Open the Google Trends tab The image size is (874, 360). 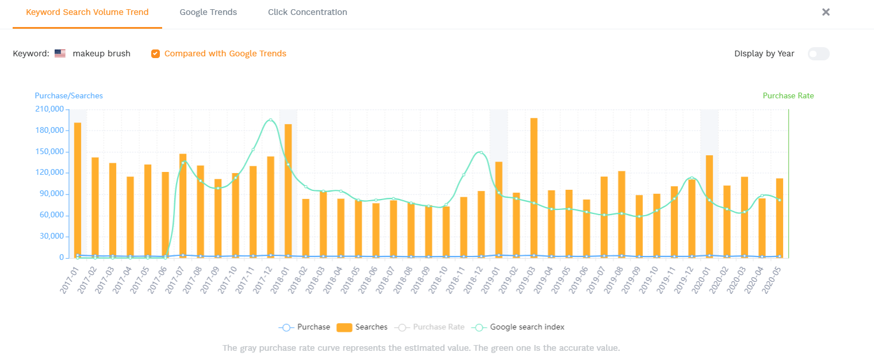pos(208,12)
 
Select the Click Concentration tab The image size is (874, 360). pos(307,12)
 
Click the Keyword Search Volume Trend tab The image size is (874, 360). pos(87,12)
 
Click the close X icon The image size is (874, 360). pos(826,12)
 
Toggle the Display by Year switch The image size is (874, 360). pos(818,54)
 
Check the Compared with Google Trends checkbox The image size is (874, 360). pos(155,54)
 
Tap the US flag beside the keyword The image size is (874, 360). pos(60,53)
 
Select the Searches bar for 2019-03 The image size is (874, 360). pos(534,187)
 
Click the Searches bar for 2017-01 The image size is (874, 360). pos(78,190)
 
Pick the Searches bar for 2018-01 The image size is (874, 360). pos(288,190)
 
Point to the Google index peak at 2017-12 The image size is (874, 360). pos(270,120)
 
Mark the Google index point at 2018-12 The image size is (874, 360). pos(481,152)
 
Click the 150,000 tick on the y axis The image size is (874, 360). pos(49,152)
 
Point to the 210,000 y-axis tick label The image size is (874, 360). pos(49,109)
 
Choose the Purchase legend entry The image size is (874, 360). pos(305,327)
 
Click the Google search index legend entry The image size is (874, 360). pos(519,327)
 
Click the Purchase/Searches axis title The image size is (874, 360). pos(68,96)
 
